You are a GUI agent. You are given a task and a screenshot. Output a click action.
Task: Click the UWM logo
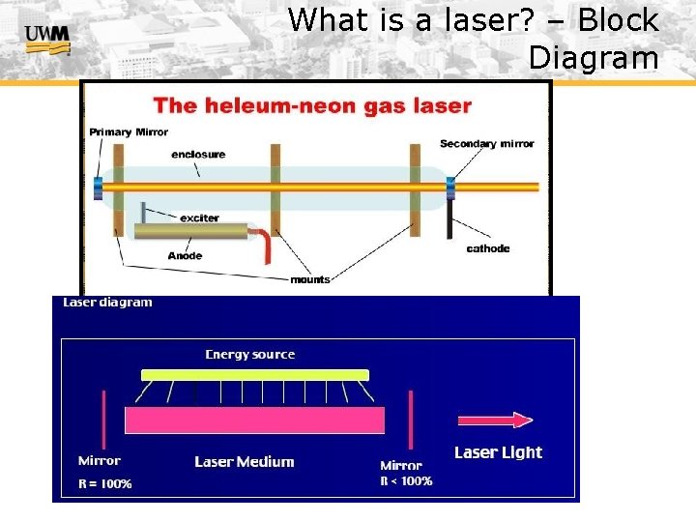pyautogui.click(x=47, y=39)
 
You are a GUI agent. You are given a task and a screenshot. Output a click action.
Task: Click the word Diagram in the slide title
pyautogui.click(x=593, y=58)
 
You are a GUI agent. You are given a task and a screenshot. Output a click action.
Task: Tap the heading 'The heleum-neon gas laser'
pyautogui.click(x=312, y=105)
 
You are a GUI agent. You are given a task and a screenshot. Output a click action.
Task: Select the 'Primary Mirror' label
pyautogui.click(x=129, y=132)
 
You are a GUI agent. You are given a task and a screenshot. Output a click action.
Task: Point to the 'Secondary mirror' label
pyautogui.click(x=486, y=144)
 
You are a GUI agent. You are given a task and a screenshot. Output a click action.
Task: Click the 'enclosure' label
pyautogui.click(x=198, y=155)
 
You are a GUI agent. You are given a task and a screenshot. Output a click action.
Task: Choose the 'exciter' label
pyautogui.click(x=199, y=217)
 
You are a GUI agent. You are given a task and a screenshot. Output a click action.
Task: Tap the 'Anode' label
pyautogui.click(x=185, y=256)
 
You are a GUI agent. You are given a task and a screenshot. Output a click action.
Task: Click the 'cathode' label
pyautogui.click(x=488, y=248)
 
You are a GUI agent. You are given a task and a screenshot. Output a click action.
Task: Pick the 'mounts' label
pyautogui.click(x=310, y=279)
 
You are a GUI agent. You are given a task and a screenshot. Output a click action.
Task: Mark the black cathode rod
pyautogui.click(x=449, y=218)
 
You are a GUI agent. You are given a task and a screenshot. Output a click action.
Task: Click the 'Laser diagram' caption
pyautogui.click(x=107, y=303)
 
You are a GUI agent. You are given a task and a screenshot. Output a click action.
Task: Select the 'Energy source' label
pyautogui.click(x=250, y=355)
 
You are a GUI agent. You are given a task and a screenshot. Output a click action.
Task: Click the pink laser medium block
pyautogui.click(x=254, y=420)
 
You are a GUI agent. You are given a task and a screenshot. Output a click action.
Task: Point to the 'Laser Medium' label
pyautogui.click(x=244, y=462)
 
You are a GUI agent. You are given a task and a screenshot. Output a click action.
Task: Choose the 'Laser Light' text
pyautogui.click(x=498, y=452)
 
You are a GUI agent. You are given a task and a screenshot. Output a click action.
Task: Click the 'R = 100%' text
pyautogui.click(x=105, y=483)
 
